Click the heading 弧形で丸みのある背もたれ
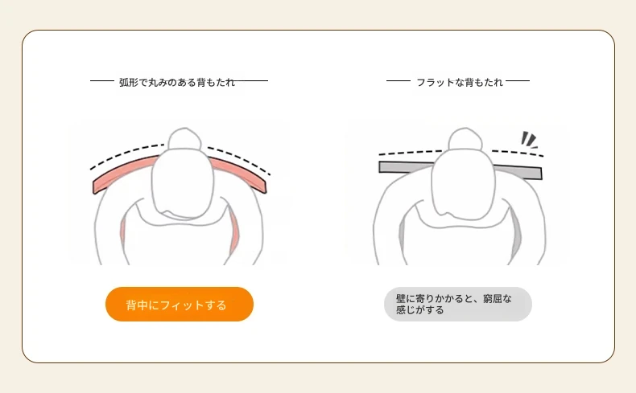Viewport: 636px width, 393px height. click(x=177, y=83)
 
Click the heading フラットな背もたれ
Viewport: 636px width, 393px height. click(x=460, y=83)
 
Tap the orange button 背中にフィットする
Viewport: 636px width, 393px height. click(x=180, y=305)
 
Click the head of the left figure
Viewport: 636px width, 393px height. click(x=183, y=184)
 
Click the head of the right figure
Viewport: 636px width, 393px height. click(x=464, y=184)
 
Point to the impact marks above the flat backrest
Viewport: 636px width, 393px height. click(x=529, y=140)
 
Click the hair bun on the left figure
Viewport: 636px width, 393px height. click(x=184, y=139)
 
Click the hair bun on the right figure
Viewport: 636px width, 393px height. click(x=465, y=139)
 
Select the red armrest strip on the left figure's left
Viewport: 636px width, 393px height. click(x=122, y=233)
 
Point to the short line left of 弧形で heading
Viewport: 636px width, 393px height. click(x=102, y=81)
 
